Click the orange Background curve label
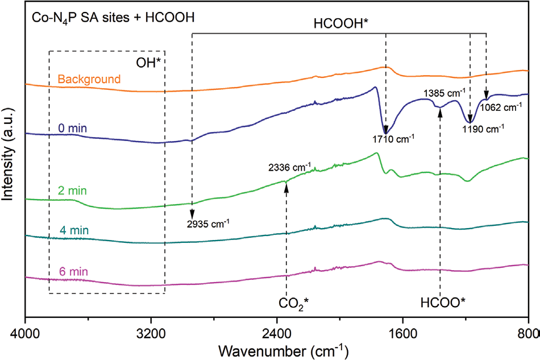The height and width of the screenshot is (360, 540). tap(89, 79)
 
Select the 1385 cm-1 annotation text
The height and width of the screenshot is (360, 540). tap(445, 92)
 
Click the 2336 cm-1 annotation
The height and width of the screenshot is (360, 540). tap(289, 168)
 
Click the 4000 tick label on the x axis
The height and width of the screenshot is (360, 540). tap(25, 329)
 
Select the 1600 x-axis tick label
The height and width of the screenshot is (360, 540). tap(402, 329)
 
